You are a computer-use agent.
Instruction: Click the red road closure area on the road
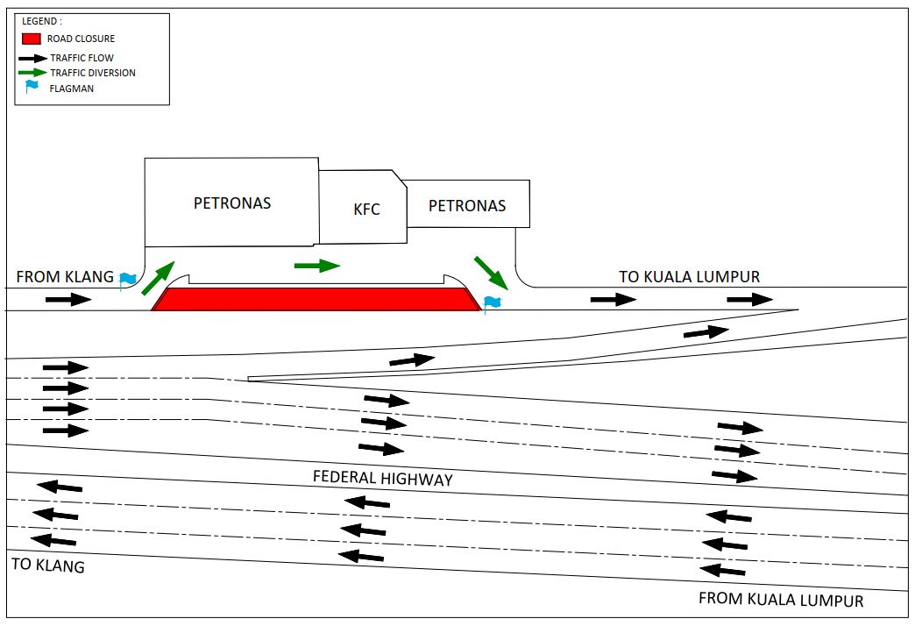tap(316, 299)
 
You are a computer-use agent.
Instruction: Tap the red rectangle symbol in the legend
tap(32, 39)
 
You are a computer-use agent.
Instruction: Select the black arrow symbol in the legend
tap(33, 58)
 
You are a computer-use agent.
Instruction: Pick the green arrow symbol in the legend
tap(33, 73)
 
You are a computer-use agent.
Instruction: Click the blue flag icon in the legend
tap(32, 87)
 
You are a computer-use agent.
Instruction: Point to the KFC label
tap(366, 210)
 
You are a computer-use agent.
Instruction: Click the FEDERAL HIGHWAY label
tap(383, 479)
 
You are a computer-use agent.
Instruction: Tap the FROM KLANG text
tap(65, 277)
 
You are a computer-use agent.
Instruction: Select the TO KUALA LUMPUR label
tap(689, 277)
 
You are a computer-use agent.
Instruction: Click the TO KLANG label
tap(48, 566)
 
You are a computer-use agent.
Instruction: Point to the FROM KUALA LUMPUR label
tap(780, 601)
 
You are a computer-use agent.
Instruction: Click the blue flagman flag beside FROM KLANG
tap(128, 280)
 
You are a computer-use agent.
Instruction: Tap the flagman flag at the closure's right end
tap(492, 303)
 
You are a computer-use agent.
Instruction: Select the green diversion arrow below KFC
tap(316, 265)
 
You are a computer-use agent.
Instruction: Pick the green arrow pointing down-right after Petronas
tap(491, 273)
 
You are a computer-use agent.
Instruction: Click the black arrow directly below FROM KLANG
tap(68, 300)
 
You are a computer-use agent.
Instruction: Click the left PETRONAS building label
tap(232, 203)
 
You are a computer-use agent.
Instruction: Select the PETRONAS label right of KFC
tap(467, 206)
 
